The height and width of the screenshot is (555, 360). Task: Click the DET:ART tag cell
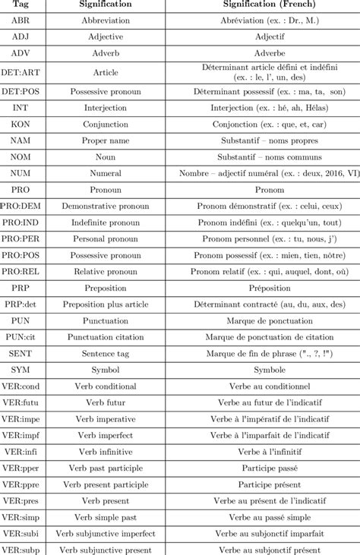21,73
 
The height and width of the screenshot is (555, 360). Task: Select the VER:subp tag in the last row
21,549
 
